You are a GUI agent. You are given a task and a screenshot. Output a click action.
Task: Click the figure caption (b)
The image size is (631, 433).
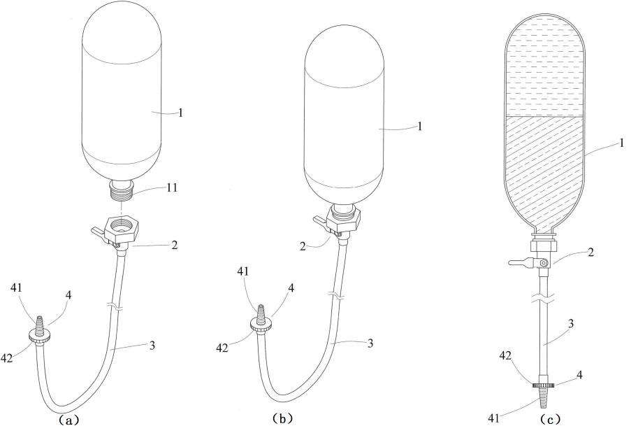(282, 418)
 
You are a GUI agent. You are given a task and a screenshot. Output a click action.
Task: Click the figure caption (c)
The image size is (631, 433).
(550, 419)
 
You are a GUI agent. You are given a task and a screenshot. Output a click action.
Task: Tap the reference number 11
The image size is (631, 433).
(171, 187)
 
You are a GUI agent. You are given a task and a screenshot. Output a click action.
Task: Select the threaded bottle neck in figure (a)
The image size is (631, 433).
(121, 190)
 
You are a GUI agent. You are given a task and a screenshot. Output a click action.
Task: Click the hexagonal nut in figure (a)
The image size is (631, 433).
(122, 226)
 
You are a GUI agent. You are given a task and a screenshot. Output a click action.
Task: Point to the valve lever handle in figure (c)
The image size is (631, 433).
(521, 262)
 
